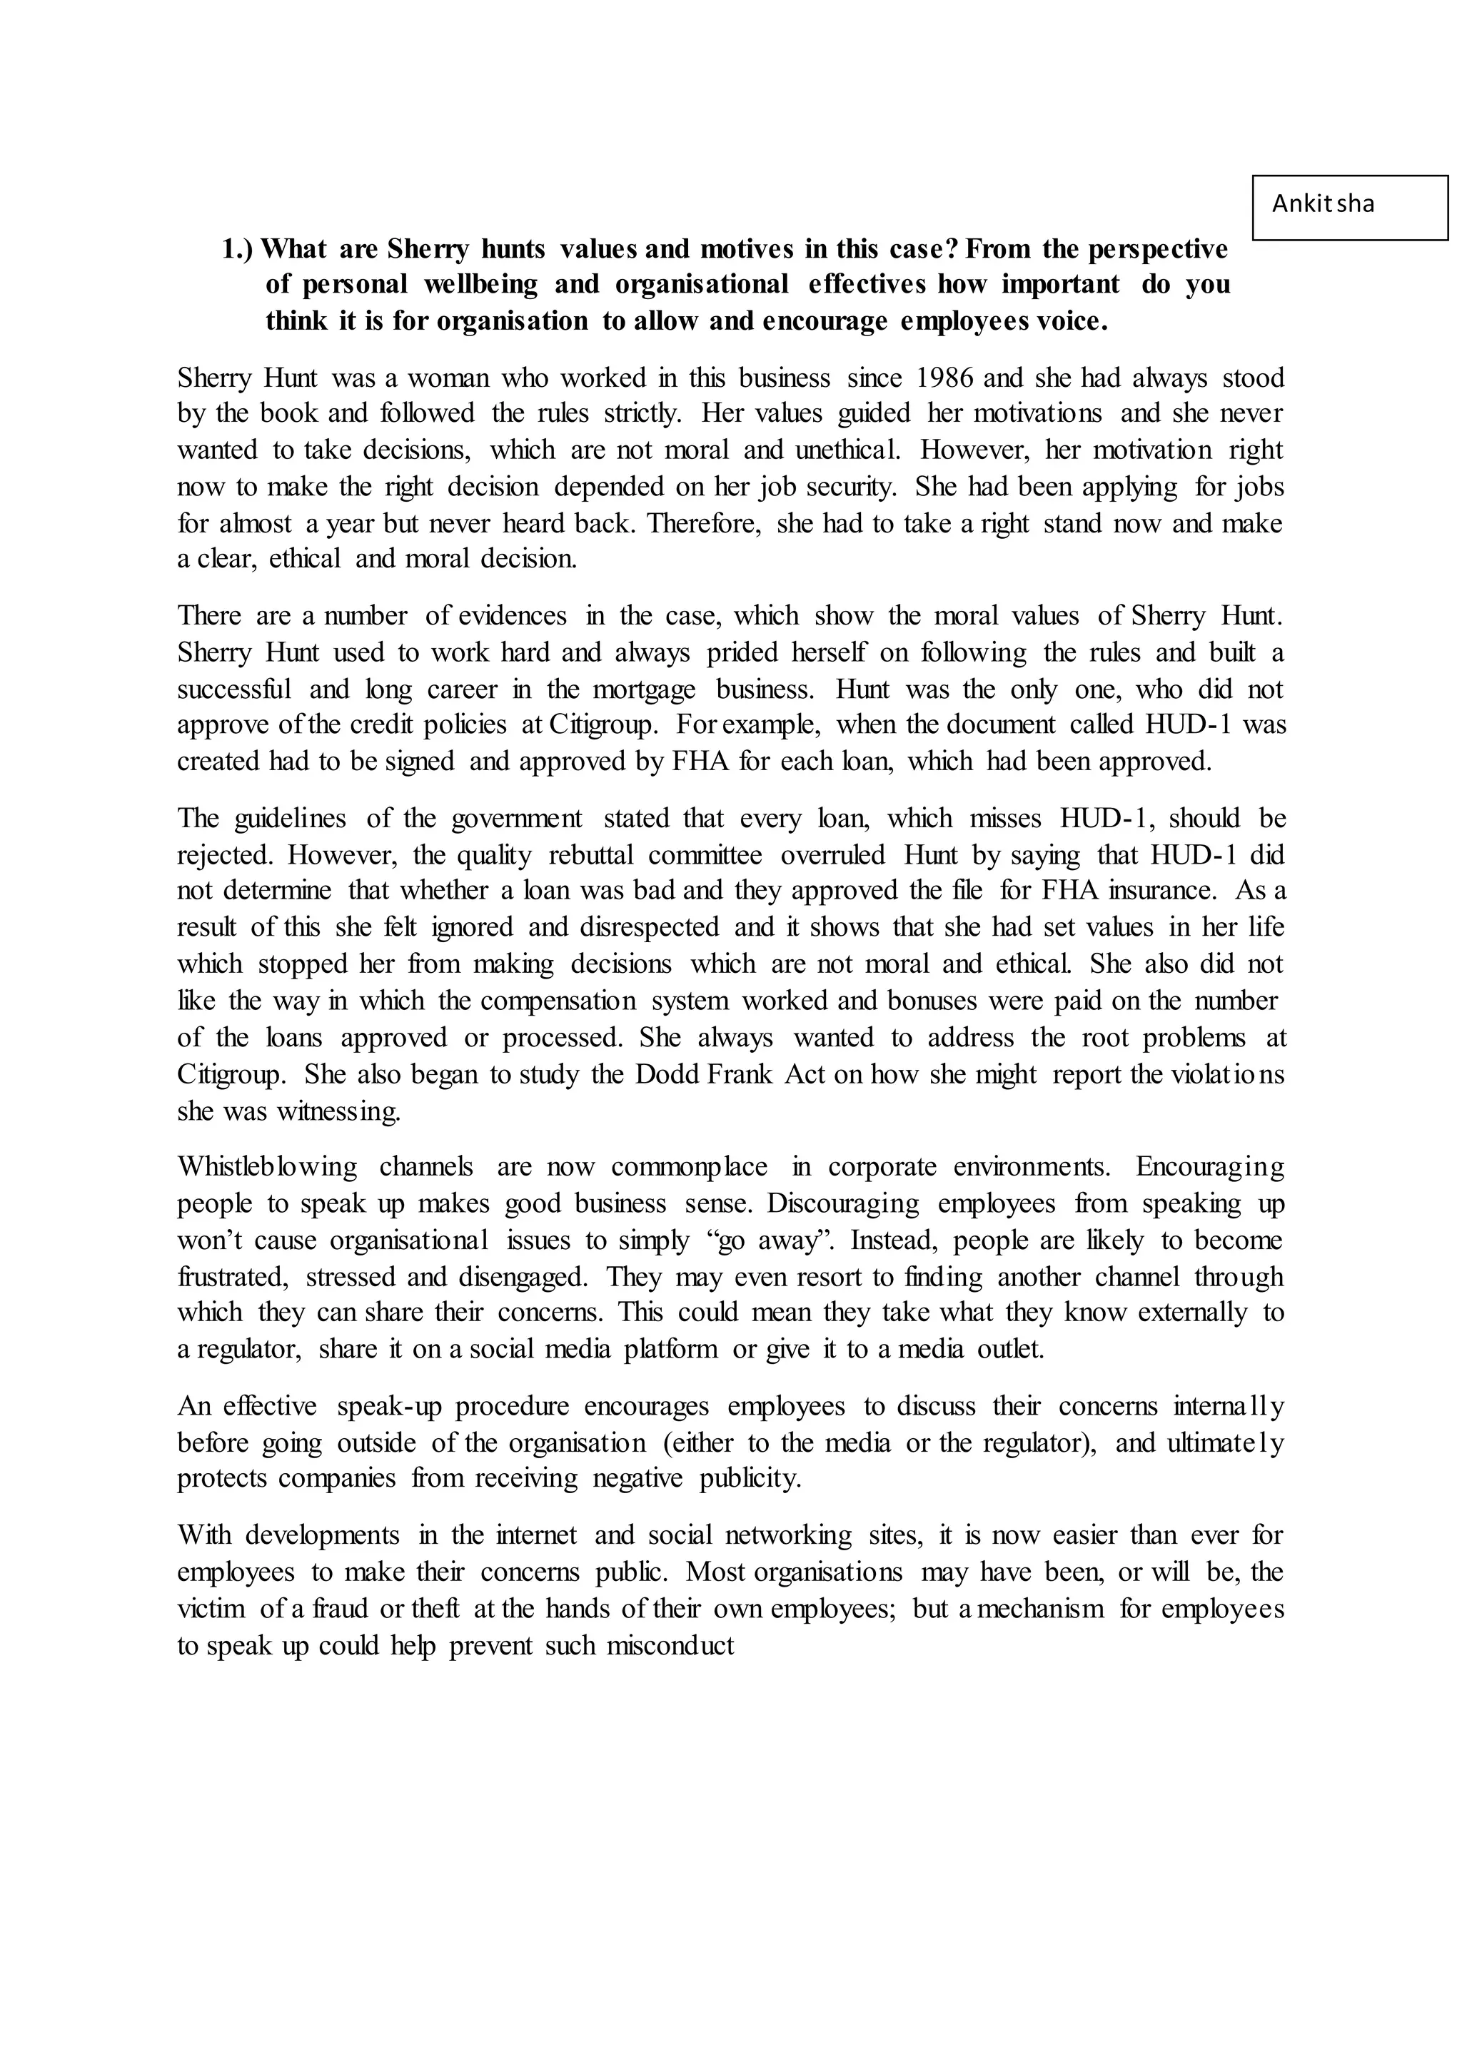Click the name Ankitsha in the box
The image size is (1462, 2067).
(x=1323, y=204)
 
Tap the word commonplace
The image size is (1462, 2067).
(x=689, y=1168)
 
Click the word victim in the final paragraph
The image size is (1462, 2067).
(x=211, y=1609)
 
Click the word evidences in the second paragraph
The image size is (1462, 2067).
(x=513, y=616)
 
